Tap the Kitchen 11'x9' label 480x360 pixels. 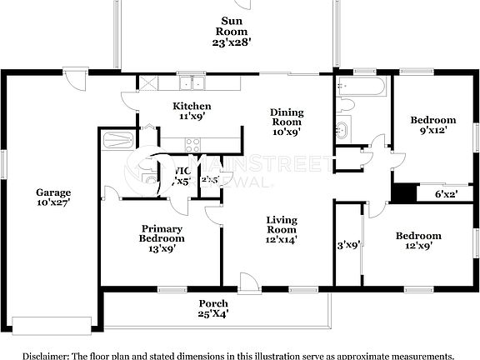click(192, 111)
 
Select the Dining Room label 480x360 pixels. click(287, 122)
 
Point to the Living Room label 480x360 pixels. click(282, 229)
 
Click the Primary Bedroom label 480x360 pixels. click(162, 237)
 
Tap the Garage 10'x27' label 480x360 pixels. click(52, 197)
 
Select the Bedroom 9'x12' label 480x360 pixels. click(433, 125)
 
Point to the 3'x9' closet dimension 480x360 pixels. click(347, 245)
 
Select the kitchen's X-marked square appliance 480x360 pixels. click(147, 82)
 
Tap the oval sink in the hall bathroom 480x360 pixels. click(342, 130)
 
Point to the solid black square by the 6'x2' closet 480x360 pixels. click(403, 192)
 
